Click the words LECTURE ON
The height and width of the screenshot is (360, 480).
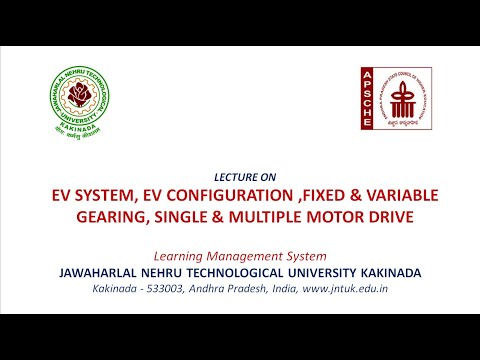(240, 175)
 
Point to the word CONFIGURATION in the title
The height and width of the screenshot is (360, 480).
(237, 194)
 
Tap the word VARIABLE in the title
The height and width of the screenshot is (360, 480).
(407, 194)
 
